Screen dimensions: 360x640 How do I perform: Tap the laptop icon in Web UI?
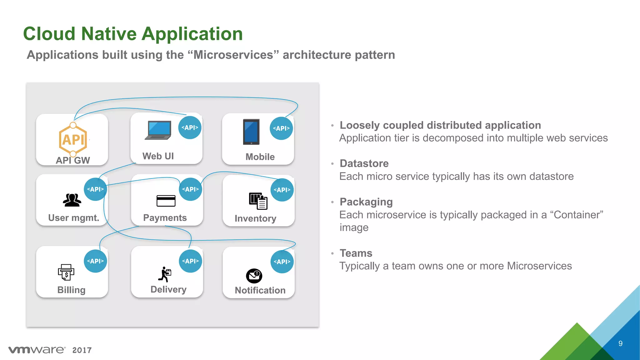[x=158, y=130]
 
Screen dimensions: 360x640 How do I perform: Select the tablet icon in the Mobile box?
[x=251, y=132]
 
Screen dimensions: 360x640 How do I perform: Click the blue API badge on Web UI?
[x=190, y=127]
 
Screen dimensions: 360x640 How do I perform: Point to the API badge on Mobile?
[x=281, y=128]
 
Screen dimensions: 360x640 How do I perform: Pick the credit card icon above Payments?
[x=166, y=201]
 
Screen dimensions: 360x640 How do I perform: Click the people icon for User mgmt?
[x=72, y=200]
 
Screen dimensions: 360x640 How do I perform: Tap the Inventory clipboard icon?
[x=258, y=201]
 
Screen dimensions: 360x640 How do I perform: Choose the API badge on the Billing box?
[x=95, y=261]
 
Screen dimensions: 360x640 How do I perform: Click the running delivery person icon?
[x=165, y=274]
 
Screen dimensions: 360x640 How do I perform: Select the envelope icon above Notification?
[x=254, y=276]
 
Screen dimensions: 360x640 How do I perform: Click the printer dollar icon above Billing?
[x=66, y=272]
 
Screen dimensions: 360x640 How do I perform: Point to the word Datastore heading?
[x=364, y=163]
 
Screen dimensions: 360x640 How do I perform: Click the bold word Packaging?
[x=366, y=202]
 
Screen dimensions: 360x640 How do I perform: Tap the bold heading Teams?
[x=356, y=253]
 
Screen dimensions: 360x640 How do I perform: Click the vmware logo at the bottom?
[x=37, y=350]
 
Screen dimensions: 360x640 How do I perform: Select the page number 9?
[x=620, y=343]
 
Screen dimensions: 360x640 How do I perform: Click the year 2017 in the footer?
[x=82, y=350]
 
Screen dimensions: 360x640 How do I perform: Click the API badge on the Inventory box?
[x=282, y=190]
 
